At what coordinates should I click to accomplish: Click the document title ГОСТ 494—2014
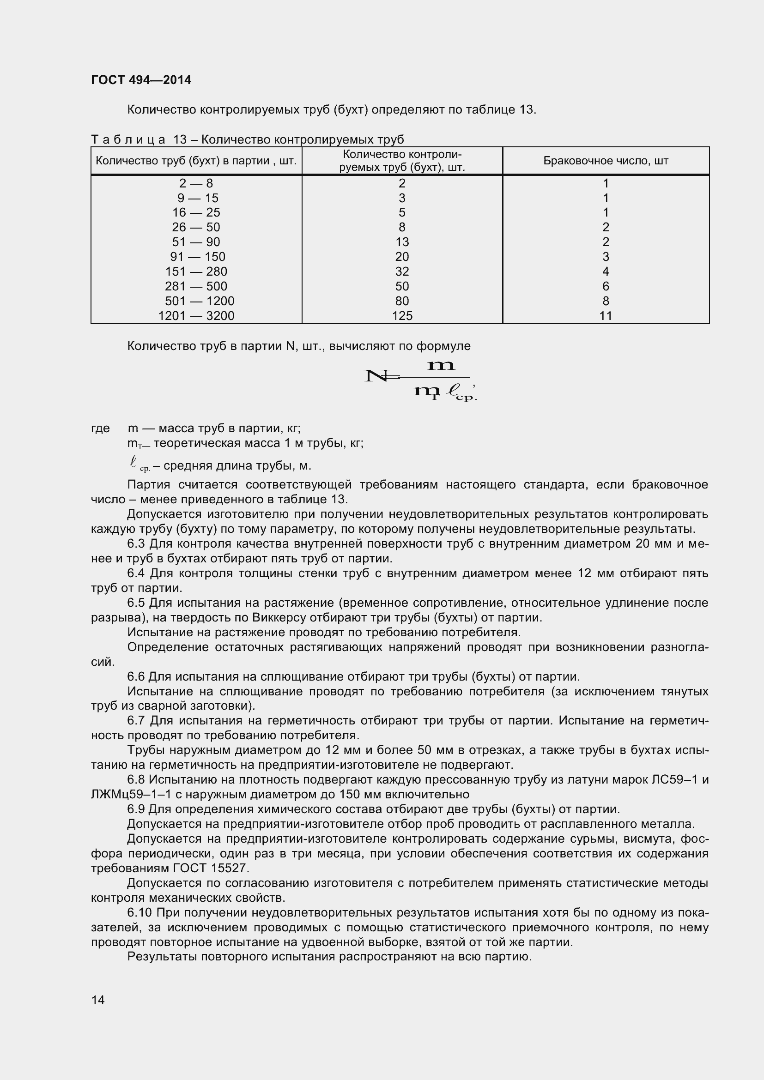click(141, 80)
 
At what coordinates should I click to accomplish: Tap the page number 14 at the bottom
click(98, 1000)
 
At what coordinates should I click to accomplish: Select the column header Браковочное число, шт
click(606, 161)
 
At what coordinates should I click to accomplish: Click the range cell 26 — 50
click(196, 227)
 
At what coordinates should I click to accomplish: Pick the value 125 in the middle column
click(402, 316)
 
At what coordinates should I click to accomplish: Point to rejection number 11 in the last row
click(606, 316)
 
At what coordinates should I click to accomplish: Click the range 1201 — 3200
click(196, 316)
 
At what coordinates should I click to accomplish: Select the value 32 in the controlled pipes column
click(402, 272)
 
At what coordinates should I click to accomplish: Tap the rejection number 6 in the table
click(606, 286)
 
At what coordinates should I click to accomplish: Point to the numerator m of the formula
click(440, 365)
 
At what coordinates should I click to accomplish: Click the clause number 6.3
click(136, 544)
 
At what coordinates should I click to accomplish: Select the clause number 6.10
click(139, 913)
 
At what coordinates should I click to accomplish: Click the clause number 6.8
click(136, 780)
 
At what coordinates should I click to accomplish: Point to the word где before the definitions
click(100, 428)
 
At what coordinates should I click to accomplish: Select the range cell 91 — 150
click(198, 257)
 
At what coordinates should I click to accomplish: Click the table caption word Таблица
click(128, 140)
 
